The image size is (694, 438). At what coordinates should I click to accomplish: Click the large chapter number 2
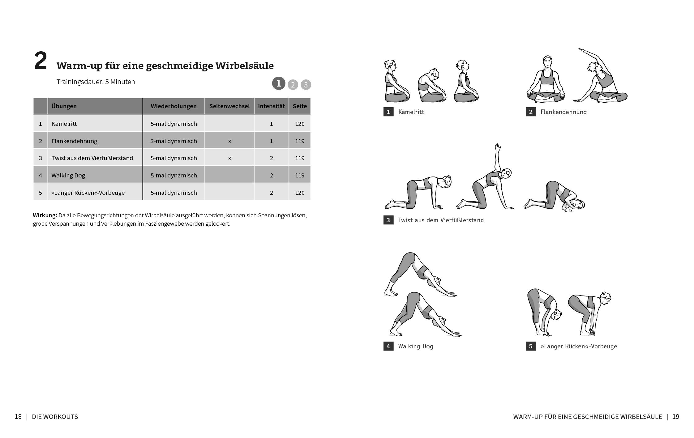41,61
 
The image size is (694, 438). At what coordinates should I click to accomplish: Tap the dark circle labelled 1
278,83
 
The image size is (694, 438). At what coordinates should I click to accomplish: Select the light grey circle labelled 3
306,85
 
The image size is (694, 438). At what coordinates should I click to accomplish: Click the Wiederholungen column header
173,106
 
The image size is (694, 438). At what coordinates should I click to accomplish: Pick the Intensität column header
271,106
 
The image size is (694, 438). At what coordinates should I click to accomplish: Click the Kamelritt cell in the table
64,124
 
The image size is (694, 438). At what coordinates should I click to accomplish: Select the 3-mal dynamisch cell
173,141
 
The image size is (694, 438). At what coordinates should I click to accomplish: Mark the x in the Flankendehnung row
229,141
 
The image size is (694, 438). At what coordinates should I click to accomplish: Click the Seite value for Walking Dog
299,175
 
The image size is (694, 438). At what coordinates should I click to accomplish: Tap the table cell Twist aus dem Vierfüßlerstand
92,158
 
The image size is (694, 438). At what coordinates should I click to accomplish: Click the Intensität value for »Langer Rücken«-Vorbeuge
271,193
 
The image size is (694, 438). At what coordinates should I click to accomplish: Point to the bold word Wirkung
45,215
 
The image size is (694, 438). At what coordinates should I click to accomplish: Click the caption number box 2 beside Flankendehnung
531,112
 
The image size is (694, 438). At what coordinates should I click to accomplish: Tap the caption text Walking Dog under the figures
415,346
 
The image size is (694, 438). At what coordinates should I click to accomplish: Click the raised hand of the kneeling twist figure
497,147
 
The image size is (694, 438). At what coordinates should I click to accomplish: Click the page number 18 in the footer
18,417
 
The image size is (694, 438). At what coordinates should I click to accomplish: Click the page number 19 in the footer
676,417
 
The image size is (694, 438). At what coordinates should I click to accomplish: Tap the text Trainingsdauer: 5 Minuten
96,82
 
